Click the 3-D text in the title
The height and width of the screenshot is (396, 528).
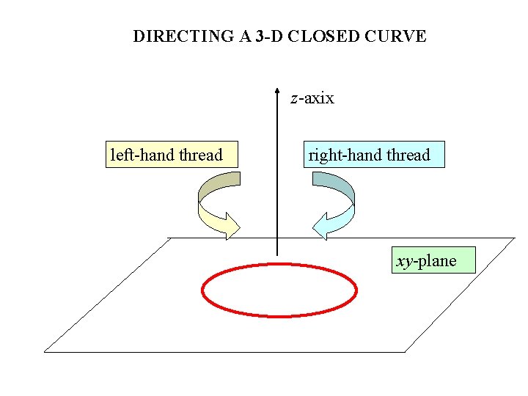pyautogui.click(x=268, y=36)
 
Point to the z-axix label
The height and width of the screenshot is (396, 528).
pyautogui.click(x=312, y=98)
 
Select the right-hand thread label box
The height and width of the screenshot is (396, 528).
pyautogui.click(x=374, y=155)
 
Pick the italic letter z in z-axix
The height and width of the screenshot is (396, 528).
pyautogui.click(x=294, y=99)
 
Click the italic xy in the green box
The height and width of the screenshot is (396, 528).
pyautogui.click(x=404, y=262)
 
